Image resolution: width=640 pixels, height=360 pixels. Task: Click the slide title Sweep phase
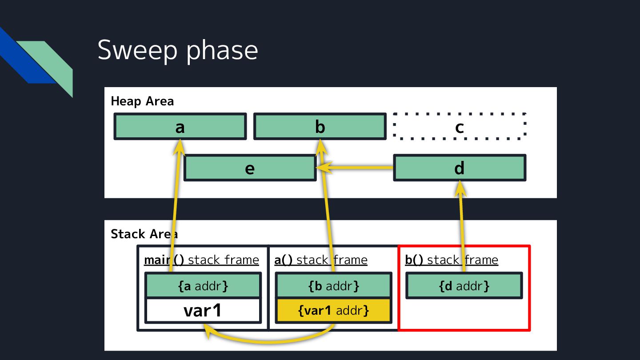coord(177,50)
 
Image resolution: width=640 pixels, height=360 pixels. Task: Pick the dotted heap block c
coord(460,127)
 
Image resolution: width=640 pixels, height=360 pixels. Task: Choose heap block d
coord(460,168)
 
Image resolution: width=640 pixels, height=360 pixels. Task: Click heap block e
coord(250,168)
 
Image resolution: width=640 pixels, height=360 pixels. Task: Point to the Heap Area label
coord(142,101)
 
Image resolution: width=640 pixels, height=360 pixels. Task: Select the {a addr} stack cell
coord(203,286)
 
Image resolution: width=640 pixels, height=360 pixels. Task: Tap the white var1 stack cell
coord(203,311)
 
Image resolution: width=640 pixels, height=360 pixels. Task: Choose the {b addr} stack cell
coord(334,286)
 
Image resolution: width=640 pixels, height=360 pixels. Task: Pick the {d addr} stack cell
coord(464,286)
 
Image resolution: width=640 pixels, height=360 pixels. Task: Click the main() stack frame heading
coord(201,260)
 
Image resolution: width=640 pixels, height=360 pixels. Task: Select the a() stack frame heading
coord(320,260)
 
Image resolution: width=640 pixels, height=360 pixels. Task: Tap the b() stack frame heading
coord(452,260)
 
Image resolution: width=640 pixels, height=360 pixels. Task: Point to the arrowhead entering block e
coord(323,168)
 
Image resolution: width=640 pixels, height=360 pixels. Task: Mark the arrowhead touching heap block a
coord(180,147)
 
